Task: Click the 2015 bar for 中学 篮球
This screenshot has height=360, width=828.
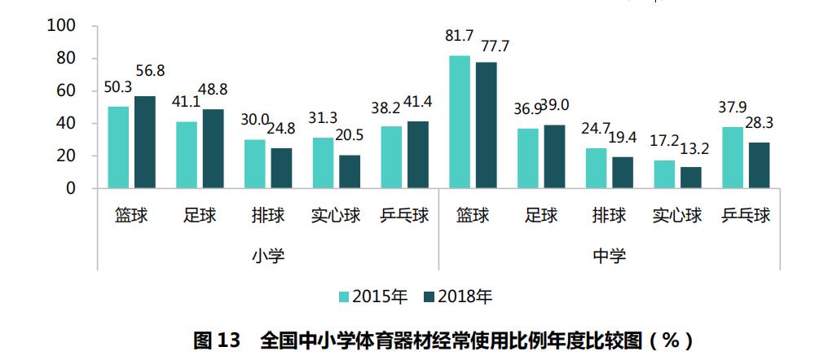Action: click(460, 122)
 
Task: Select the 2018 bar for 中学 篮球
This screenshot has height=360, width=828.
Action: click(486, 125)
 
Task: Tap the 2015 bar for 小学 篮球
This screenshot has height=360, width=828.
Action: click(118, 147)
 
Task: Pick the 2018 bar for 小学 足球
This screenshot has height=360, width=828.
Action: click(213, 149)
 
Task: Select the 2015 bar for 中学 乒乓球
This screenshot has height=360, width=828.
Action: click(733, 158)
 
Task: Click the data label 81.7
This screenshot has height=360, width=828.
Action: click(460, 36)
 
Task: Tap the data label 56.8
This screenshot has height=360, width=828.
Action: click(150, 72)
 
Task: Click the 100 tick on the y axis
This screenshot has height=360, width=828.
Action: click(63, 26)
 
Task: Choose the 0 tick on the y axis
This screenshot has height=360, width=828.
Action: click(71, 188)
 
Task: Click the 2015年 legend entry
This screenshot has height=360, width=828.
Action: click(373, 296)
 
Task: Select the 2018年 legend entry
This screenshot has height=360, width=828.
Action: click(457, 296)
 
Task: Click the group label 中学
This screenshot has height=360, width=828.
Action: click(610, 256)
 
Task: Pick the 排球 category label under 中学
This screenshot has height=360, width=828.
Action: click(610, 216)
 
